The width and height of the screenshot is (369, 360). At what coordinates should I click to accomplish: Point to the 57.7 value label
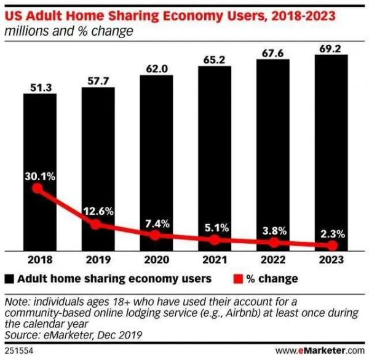97,81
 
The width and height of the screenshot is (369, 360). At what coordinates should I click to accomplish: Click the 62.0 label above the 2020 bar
156,67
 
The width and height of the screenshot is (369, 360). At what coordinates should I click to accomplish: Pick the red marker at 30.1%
38,189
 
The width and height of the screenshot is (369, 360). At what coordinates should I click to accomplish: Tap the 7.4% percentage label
156,222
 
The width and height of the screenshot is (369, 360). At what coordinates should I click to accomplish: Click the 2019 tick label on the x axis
97,260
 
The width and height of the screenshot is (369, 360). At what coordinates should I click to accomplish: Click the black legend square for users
10,279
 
